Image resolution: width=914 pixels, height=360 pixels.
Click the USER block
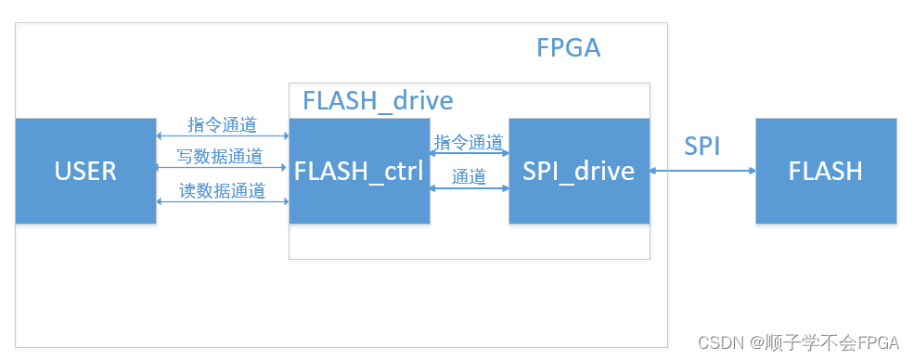pyautogui.click(x=85, y=171)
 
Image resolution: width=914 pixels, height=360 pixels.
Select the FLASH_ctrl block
pyautogui.click(x=359, y=171)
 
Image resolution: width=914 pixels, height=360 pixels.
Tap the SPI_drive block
pyautogui.click(x=579, y=171)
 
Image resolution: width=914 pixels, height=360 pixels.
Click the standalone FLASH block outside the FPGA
pyautogui.click(x=826, y=171)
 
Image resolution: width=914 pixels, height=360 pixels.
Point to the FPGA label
pyautogui.click(x=569, y=47)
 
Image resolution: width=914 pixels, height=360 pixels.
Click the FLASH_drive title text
pyautogui.click(x=378, y=100)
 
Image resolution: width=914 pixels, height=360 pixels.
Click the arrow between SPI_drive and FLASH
pyautogui.click(x=702, y=171)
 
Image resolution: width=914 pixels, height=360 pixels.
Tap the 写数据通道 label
pyautogui.click(x=221, y=156)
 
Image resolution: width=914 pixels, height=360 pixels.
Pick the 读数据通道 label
pyautogui.click(x=221, y=191)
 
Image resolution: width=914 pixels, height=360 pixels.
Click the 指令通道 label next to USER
pyautogui.click(x=221, y=123)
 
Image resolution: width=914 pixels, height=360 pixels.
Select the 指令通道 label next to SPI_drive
pyautogui.click(x=469, y=142)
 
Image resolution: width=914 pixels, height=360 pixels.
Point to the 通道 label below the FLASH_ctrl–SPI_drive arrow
pyautogui.click(x=469, y=176)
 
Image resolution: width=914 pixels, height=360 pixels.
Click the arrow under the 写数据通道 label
pyautogui.click(x=223, y=168)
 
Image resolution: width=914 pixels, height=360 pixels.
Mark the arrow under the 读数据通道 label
pyautogui.click(x=223, y=201)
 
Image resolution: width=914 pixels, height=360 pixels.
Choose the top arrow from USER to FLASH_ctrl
pyautogui.click(x=223, y=135)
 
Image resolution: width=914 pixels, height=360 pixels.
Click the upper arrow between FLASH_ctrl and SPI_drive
pyautogui.click(x=469, y=154)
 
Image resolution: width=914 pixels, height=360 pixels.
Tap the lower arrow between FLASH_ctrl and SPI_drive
pyautogui.click(x=469, y=188)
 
